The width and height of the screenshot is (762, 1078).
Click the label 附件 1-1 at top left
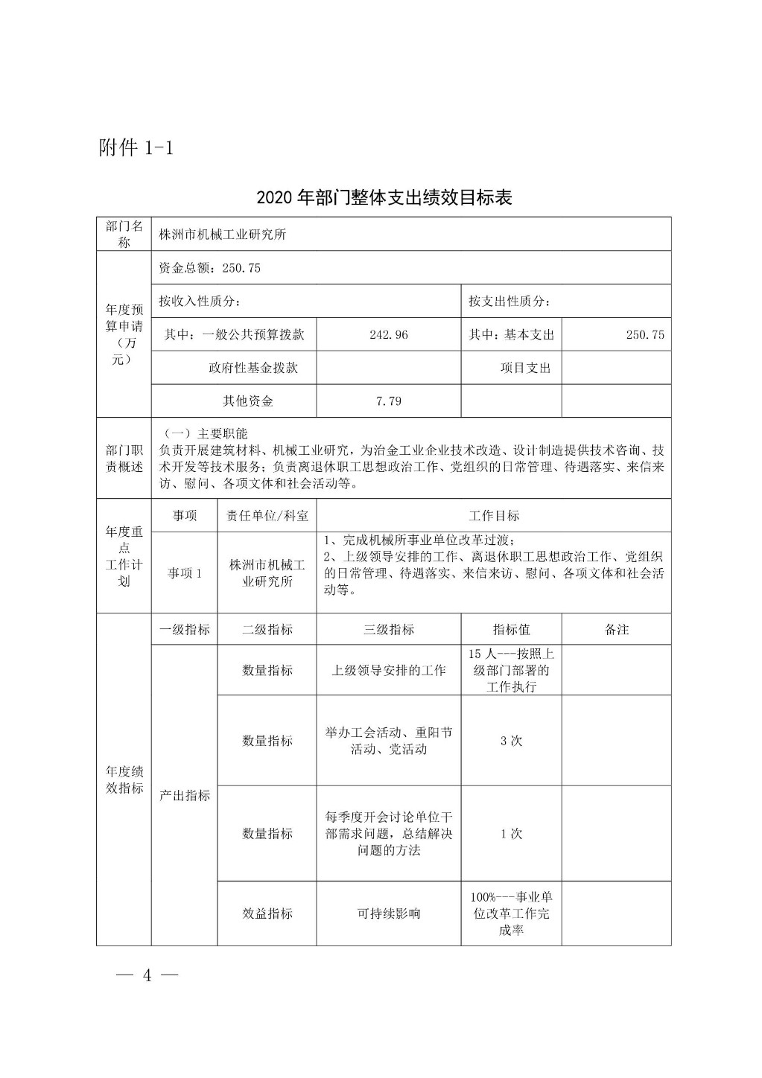pos(136,147)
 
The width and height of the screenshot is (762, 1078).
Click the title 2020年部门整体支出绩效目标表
pos(384,197)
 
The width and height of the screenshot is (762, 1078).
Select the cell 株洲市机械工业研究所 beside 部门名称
pos(222,235)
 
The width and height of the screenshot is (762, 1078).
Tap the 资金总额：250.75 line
pos(209,268)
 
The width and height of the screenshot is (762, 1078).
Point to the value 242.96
pos(388,335)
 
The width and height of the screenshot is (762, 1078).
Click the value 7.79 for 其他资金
pos(388,401)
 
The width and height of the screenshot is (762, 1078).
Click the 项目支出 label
pos(525,368)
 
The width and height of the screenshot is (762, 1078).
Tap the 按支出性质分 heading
pos(509,302)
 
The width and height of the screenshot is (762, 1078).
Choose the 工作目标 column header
pos(493,516)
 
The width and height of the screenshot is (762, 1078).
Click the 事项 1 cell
pos(184,573)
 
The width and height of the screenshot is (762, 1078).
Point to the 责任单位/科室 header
pos(267,516)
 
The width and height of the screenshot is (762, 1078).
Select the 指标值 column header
pos(511,630)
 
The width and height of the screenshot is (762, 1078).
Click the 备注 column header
pos(616,630)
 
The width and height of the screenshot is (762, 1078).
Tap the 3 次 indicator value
pos(511,741)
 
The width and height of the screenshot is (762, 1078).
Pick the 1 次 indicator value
pos(511,834)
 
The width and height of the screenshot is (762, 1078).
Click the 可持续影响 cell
pos(388,913)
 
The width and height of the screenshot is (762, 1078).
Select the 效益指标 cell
pos(267,913)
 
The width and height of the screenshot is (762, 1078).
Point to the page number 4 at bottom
pos(147,976)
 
